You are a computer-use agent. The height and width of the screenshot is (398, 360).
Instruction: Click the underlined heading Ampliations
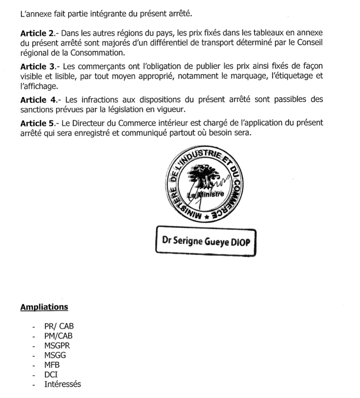pos(44,307)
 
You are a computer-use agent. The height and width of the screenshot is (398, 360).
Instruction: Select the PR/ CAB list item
pos(59,327)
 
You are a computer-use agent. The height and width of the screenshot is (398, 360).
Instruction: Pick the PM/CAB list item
pos(58,336)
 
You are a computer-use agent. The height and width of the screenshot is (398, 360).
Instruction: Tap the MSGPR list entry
pos(57,346)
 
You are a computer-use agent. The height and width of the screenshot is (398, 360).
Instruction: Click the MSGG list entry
pos(55,355)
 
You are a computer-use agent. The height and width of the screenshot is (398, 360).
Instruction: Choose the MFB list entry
pos(52,365)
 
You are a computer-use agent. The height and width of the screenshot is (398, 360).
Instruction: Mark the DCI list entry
pos(51,374)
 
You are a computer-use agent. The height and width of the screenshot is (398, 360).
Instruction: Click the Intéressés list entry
pos(62,384)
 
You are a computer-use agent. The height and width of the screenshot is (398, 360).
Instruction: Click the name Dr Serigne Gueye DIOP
pos(206,241)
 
